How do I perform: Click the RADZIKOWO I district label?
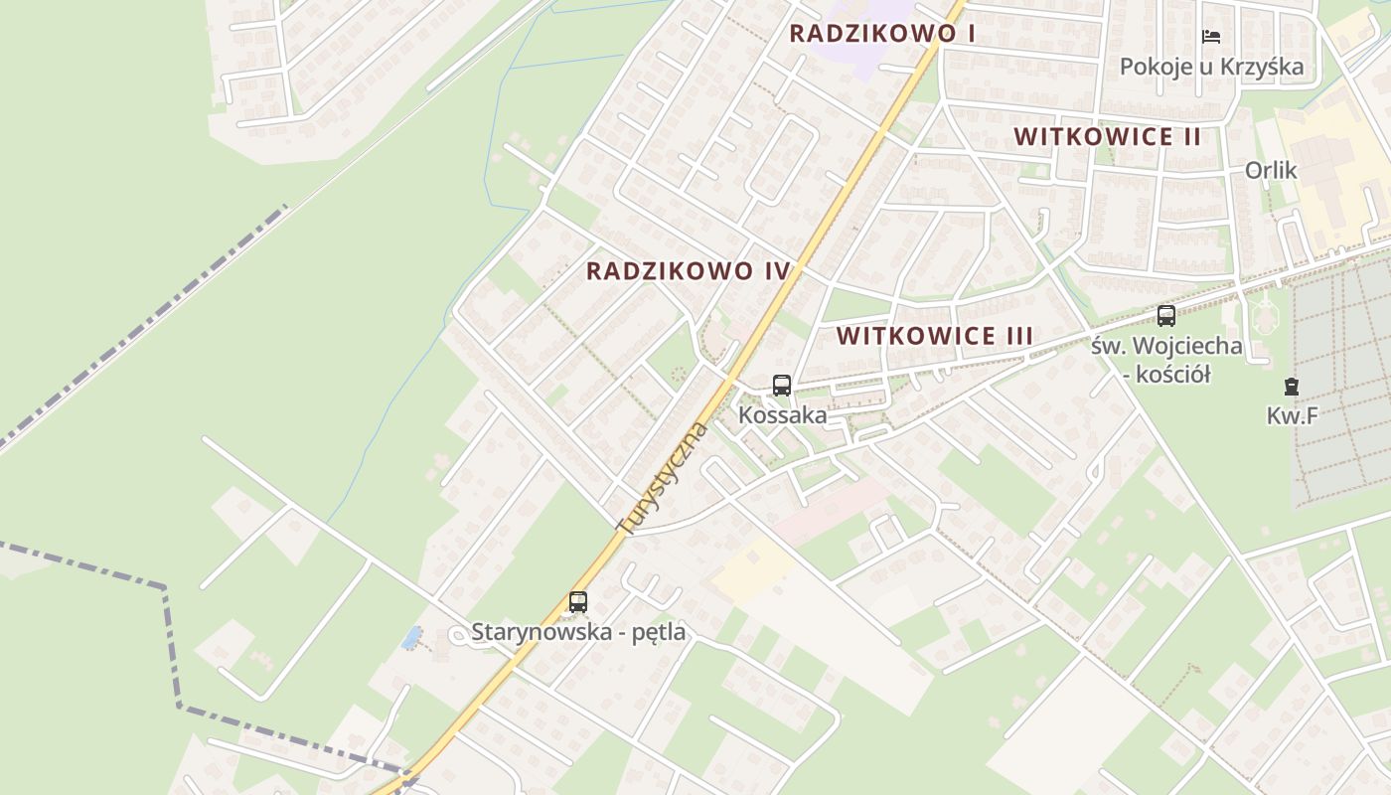click(881, 33)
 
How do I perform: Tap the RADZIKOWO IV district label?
click(688, 271)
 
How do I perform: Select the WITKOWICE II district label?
click(1107, 137)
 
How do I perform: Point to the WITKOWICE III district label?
click(934, 336)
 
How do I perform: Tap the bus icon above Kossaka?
click(782, 385)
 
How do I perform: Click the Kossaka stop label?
click(782, 415)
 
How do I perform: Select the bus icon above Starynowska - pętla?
click(578, 601)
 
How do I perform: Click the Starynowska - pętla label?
click(578, 632)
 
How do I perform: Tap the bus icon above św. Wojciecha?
click(1166, 316)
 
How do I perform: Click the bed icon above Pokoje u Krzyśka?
click(1211, 37)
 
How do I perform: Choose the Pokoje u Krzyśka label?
click(1211, 68)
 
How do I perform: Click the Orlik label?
click(1271, 171)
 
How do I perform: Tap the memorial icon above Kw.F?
click(1291, 386)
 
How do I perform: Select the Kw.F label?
click(1292, 416)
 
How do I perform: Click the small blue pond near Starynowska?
click(410, 637)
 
